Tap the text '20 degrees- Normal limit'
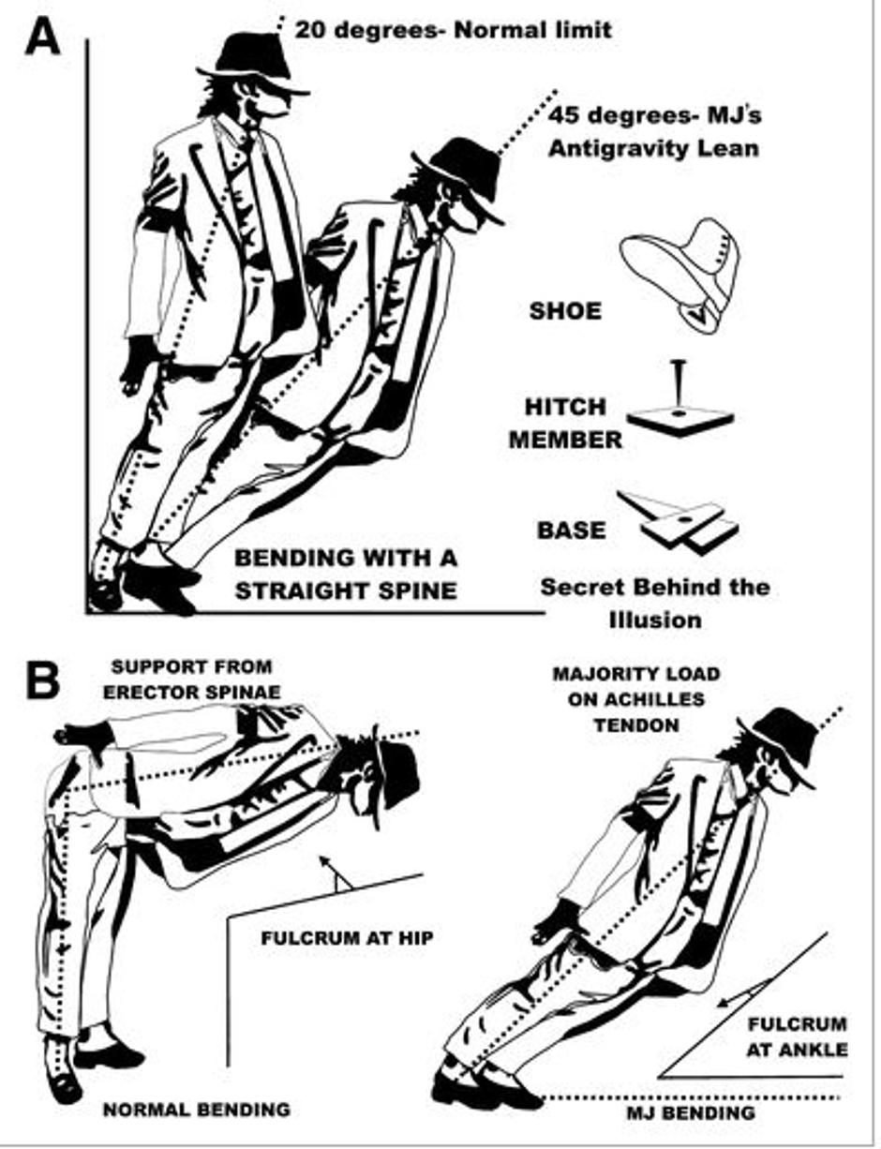(x=454, y=30)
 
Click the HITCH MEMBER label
(x=565, y=423)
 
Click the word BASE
(x=571, y=530)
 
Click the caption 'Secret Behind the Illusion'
(x=654, y=603)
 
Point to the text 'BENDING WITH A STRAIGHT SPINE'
(x=346, y=574)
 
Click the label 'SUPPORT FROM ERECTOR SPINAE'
(x=191, y=678)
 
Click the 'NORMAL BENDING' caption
(x=196, y=1110)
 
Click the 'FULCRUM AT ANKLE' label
(x=797, y=1037)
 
